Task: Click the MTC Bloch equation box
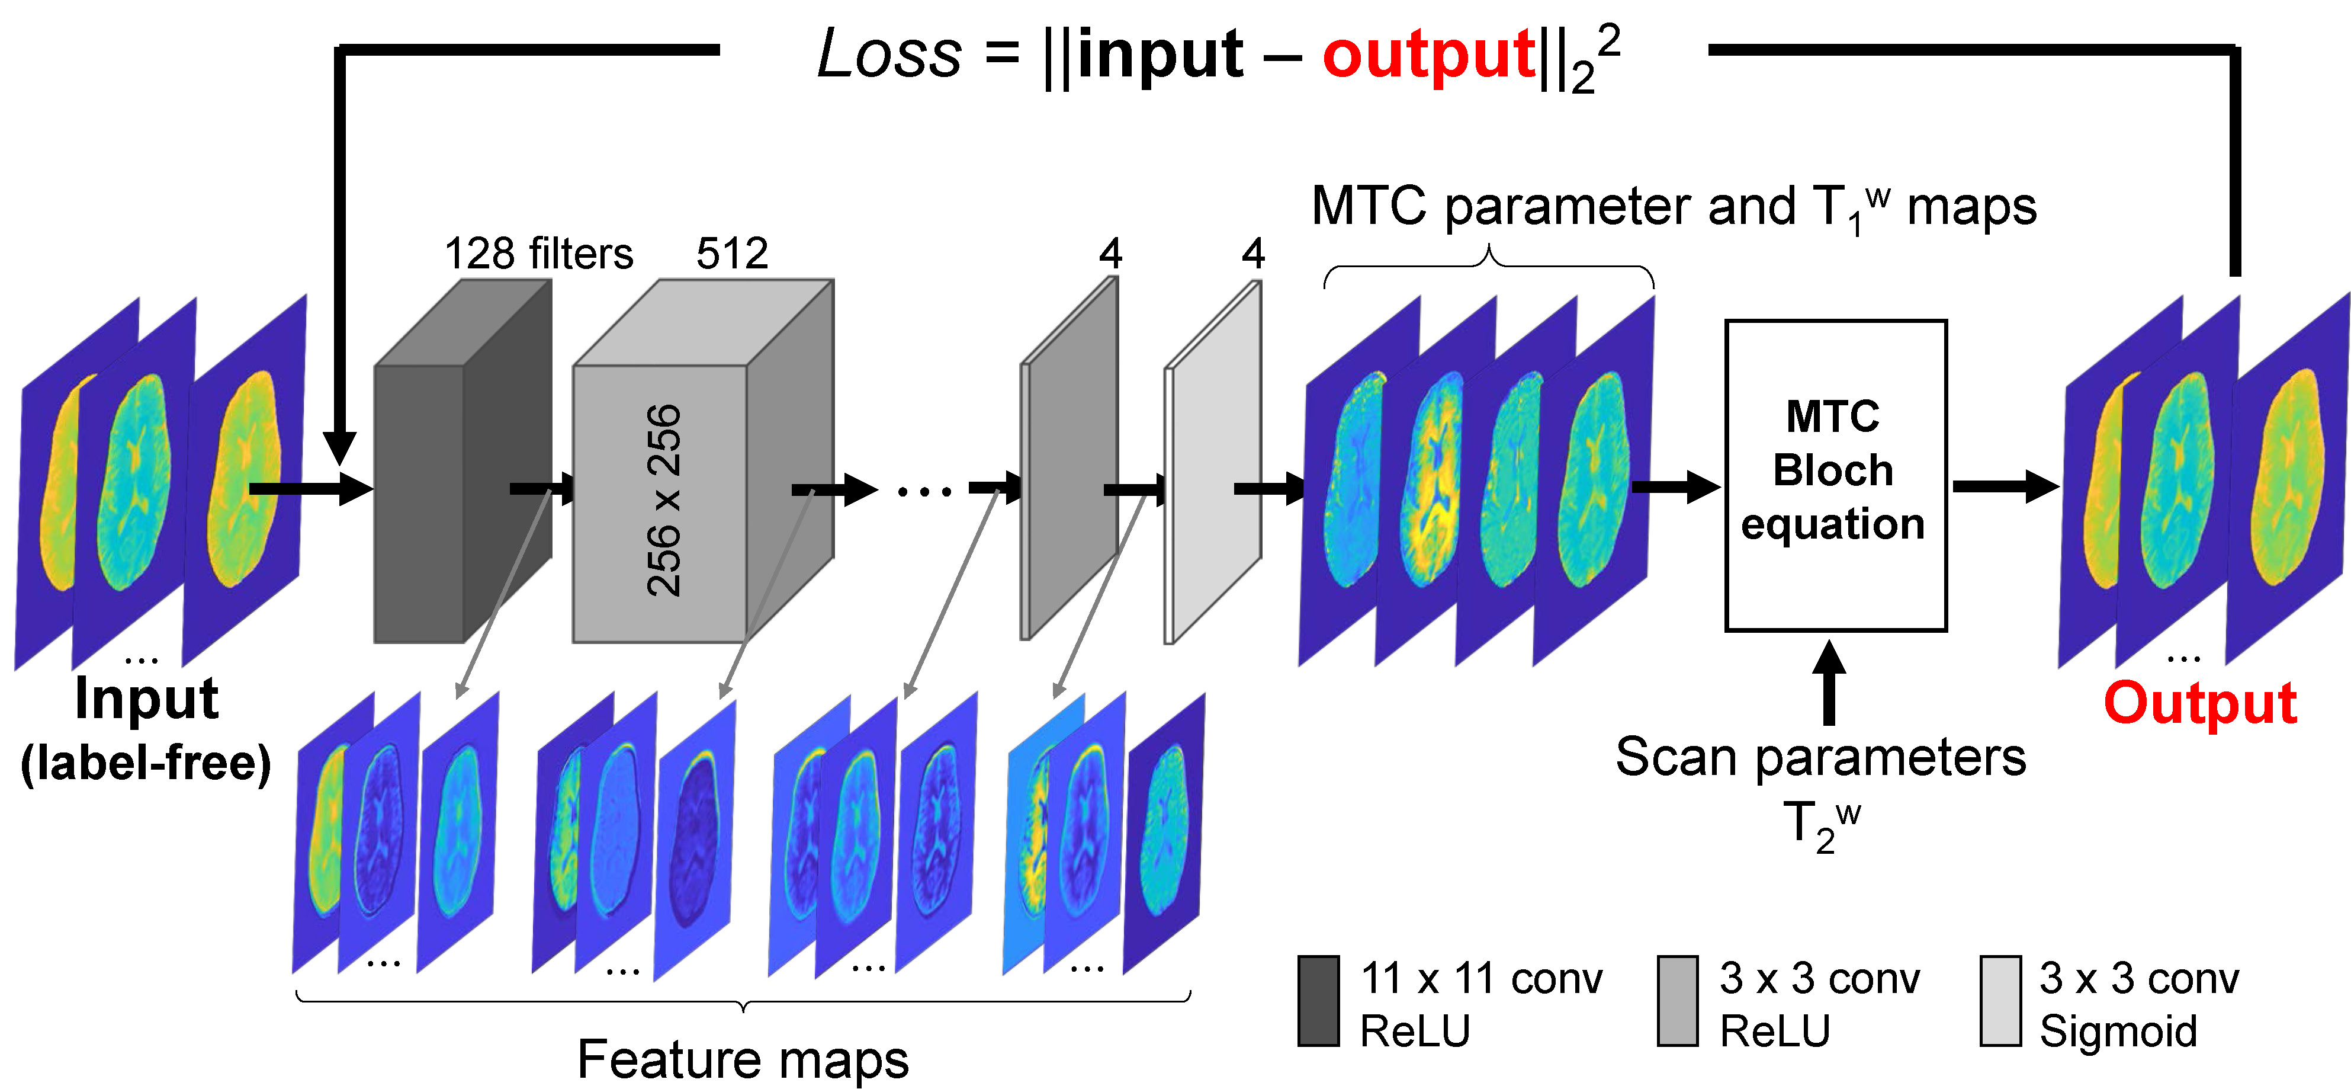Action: point(1835,475)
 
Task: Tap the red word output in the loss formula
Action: point(1428,55)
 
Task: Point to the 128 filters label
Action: point(538,253)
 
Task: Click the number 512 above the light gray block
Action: point(732,253)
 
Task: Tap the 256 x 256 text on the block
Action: point(663,500)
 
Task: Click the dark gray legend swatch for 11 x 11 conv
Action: point(1318,1001)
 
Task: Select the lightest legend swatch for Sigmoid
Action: point(2000,1001)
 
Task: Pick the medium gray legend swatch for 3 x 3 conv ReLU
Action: point(1678,1001)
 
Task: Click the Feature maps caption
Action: point(743,1059)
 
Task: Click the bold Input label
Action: point(146,699)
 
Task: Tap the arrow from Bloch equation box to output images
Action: point(2004,486)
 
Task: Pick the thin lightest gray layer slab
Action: point(1214,466)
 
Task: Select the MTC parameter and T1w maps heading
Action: point(1673,207)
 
